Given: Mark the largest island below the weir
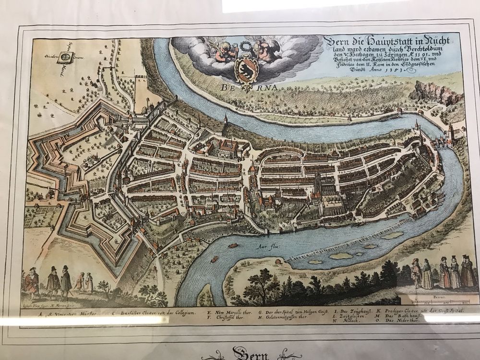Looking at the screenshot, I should click(341, 256).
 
